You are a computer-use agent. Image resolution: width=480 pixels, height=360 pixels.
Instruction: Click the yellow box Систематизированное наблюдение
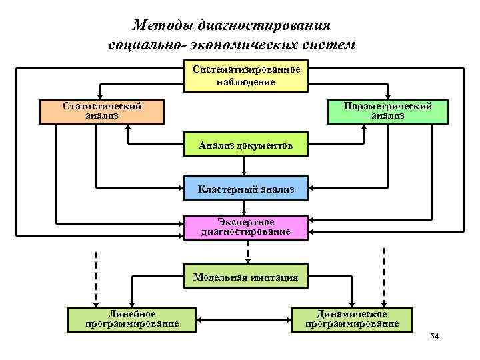pyautogui.click(x=246, y=77)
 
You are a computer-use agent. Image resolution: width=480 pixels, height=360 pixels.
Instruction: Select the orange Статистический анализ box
pyautogui.click(x=102, y=111)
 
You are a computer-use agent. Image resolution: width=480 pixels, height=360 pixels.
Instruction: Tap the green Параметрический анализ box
pyautogui.click(x=387, y=111)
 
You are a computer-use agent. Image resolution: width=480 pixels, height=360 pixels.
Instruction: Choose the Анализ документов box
pyautogui.click(x=246, y=145)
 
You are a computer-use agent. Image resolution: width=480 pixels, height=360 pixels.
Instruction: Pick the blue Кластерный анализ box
pyautogui.click(x=246, y=189)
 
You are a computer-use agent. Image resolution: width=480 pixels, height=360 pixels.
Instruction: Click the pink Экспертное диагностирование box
pyautogui.click(x=246, y=227)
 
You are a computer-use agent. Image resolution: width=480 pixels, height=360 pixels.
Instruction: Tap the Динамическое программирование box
pyautogui.click(x=352, y=319)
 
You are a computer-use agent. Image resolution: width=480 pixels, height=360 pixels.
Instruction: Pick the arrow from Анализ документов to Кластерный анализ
pyautogui.click(x=245, y=167)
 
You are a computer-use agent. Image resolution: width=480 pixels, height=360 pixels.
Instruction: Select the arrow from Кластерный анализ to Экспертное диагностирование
pyautogui.click(x=245, y=207)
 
